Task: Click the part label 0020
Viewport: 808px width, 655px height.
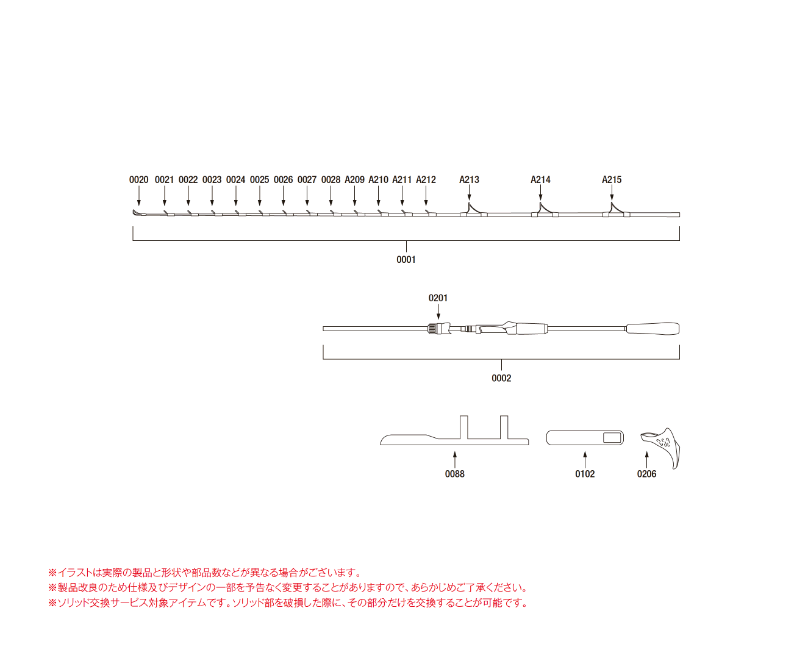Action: tap(138, 180)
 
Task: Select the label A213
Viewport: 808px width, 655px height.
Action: tap(469, 180)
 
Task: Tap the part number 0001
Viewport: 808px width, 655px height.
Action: tap(406, 260)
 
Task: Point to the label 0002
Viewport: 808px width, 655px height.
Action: tap(501, 378)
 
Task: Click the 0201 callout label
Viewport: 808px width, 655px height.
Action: tap(438, 298)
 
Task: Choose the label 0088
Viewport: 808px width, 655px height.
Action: tap(454, 474)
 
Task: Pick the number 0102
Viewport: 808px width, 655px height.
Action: tap(585, 474)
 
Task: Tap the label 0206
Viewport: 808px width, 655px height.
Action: tap(646, 474)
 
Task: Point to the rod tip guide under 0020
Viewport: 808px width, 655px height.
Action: tap(136, 212)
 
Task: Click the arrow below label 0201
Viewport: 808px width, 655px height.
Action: tap(438, 312)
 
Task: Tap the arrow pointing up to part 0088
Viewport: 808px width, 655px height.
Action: tap(454, 459)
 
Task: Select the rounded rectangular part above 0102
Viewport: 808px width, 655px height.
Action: tap(585, 438)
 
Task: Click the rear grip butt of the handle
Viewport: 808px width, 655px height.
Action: tap(652, 329)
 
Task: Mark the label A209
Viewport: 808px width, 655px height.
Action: tap(354, 180)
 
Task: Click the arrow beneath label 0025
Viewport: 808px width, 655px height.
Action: tap(259, 198)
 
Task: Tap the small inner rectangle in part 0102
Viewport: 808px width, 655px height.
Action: tap(612, 438)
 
